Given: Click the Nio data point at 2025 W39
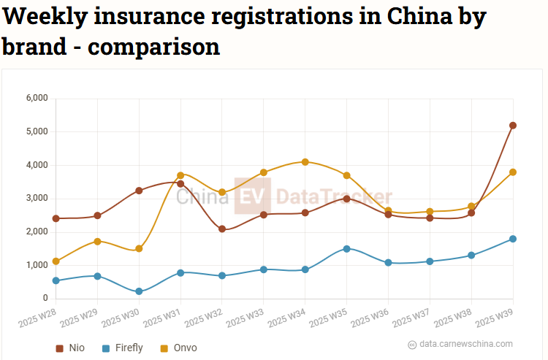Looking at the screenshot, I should coord(513,126).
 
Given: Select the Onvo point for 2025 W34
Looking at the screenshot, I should coord(305,162).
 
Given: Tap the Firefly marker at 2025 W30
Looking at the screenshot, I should coord(139,291).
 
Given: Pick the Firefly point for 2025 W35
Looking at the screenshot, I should coord(347,248).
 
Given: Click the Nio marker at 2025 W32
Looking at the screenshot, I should coord(222,229).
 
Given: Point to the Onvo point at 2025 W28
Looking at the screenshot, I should coord(56,261).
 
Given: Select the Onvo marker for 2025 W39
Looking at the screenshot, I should coord(513,172).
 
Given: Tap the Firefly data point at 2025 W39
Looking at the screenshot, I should coord(513,239).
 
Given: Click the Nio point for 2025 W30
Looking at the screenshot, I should coord(139,191).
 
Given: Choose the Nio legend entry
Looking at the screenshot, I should coord(70,348).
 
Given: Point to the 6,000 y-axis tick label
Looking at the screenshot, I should coord(37,98).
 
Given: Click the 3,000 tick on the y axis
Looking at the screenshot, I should coord(37,198).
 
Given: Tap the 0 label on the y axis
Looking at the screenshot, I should coord(45,298).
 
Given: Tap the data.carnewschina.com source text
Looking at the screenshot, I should coord(465,344).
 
